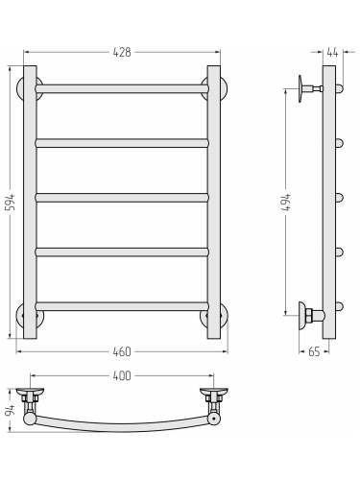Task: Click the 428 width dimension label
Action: [122, 52]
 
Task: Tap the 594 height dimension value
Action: [11, 202]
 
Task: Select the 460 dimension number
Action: [122, 351]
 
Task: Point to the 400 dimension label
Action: [122, 375]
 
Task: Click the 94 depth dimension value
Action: [11, 411]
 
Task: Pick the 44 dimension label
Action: [333, 53]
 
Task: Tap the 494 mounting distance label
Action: [286, 202]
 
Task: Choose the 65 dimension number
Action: [314, 351]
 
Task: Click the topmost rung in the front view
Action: [122, 88]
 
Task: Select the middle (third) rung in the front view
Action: [122, 198]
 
